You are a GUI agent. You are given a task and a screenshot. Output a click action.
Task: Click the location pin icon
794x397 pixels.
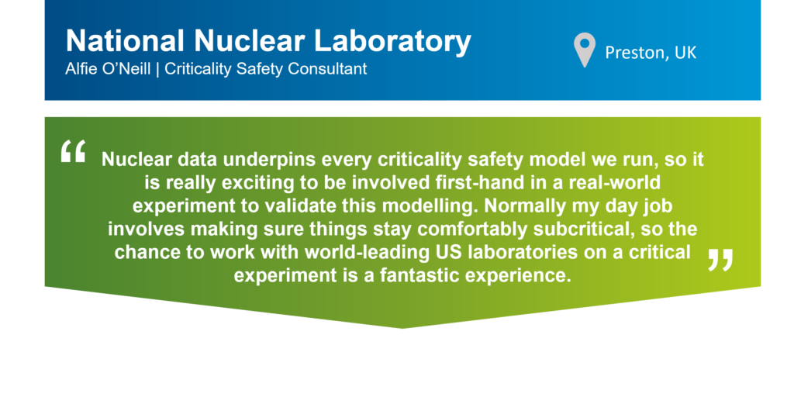tap(585, 49)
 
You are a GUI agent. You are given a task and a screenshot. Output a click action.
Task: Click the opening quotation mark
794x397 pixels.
tap(73, 151)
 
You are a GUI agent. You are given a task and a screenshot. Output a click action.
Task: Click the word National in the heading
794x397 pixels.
tap(125, 41)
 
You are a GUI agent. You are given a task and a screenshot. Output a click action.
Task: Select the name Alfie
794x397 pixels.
tap(77, 69)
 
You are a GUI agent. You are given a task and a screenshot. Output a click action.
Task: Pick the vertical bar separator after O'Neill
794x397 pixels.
tap(157, 69)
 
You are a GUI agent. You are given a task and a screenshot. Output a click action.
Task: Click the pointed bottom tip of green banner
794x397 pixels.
tap(402, 328)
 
